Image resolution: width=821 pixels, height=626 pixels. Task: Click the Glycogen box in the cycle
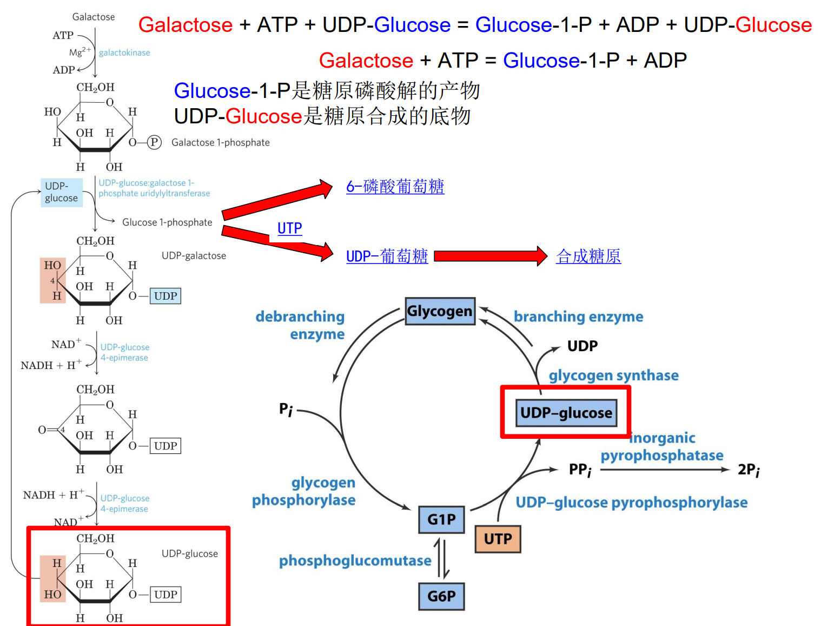pos(440,311)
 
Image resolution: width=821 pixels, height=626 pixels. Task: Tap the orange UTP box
pos(498,539)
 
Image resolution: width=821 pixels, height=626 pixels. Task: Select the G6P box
pos(441,596)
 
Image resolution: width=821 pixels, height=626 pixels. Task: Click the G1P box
pos(441,519)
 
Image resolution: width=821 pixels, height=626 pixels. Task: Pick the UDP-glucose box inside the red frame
pos(566,413)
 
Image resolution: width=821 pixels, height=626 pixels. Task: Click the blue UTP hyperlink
pos(289,228)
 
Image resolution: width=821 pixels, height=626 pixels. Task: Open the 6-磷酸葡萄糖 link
pos(395,187)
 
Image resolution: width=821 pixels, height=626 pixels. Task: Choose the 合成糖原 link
pos(588,256)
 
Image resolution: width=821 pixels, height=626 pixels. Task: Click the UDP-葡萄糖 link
pos(387,256)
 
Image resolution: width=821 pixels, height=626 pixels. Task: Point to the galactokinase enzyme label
pos(124,52)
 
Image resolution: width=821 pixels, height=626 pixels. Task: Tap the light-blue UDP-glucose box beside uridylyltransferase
pos(61,192)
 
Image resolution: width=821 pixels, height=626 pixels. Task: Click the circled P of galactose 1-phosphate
pos(154,142)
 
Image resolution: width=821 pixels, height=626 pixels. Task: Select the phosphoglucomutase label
pos(355,561)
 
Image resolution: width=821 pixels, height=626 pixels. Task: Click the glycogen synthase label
pos(613,375)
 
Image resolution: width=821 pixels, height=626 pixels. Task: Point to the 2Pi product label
pos(749,470)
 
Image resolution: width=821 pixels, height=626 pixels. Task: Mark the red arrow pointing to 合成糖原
pos(490,256)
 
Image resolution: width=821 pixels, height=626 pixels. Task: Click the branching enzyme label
pos(578,317)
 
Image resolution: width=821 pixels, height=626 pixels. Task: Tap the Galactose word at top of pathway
pos(94,17)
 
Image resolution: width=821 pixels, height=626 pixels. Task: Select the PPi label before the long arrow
pos(580,470)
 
